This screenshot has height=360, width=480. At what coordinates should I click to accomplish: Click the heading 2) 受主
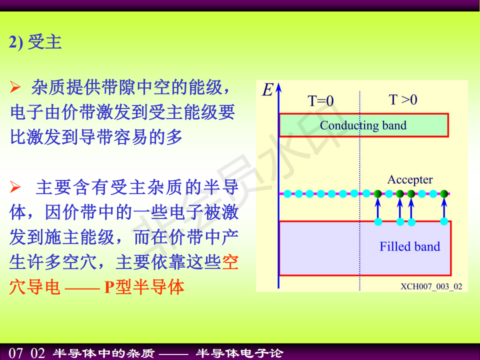click(35, 42)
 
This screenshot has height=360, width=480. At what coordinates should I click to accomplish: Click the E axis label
click(267, 90)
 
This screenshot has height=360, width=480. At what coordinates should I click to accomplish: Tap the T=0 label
click(320, 100)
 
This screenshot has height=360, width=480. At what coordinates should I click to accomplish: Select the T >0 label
click(403, 99)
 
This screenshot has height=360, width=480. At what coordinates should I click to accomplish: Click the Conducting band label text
click(363, 125)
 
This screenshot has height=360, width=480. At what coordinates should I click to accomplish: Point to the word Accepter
click(410, 179)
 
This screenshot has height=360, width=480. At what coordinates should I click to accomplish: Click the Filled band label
click(409, 246)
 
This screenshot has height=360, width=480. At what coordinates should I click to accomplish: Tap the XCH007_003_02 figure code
click(431, 286)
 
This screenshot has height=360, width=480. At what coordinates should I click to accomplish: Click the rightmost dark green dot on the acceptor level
click(444, 193)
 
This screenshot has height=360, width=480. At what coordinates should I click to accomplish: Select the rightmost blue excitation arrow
click(444, 208)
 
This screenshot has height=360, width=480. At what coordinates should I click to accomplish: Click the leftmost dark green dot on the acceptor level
click(378, 193)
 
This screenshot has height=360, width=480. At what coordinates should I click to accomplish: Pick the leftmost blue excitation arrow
click(378, 208)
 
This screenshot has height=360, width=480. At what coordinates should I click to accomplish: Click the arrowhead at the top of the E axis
click(278, 87)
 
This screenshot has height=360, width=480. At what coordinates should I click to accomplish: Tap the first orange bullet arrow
click(15, 87)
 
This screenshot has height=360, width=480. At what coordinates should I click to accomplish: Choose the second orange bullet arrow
click(15, 187)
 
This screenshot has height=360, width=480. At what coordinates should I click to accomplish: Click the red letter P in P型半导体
click(109, 287)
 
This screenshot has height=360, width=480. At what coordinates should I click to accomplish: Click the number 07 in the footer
click(16, 353)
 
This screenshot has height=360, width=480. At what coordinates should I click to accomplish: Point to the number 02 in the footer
click(37, 353)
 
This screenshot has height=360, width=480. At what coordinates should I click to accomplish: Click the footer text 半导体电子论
click(239, 353)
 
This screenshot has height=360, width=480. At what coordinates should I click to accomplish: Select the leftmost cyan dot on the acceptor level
click(287, 193)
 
